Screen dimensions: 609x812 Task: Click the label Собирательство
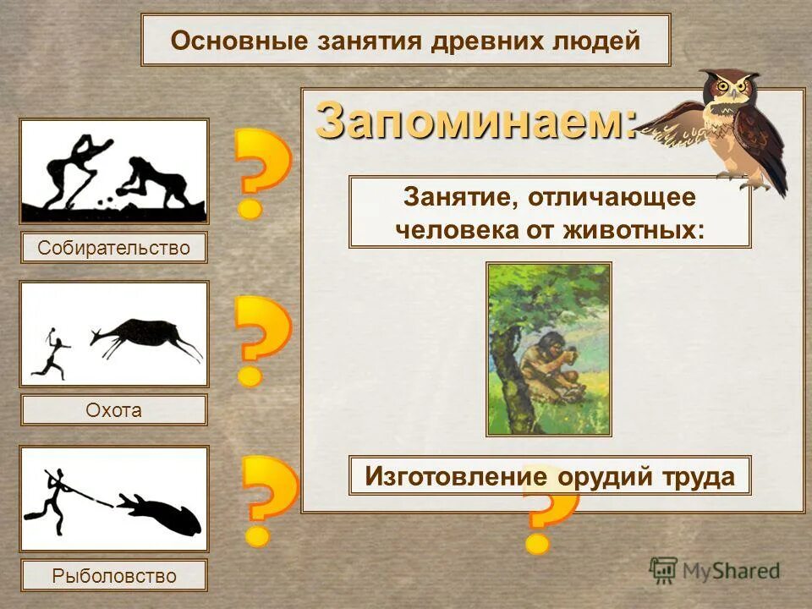[x=113, y=248]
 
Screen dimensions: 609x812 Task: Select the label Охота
[x=113, y=410]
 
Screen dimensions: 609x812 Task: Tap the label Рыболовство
[x=113, y=576]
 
